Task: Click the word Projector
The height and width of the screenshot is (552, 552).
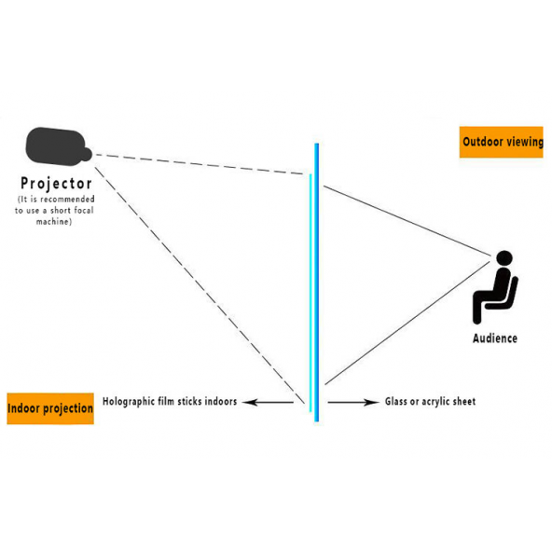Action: click(57, 184)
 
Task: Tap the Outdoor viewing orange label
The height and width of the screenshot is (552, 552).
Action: click(502, 142)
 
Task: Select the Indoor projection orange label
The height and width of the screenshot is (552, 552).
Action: click(50, 408)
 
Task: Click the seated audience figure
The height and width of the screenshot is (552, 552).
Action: click(495, 289)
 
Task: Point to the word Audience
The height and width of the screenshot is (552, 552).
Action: click(494, 338)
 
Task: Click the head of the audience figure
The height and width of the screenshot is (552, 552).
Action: click(504, 258)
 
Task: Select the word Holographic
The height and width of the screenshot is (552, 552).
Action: click(133, 402)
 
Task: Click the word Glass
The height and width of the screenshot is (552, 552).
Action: click(399, 402)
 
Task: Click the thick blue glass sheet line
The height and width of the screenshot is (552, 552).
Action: click(317, 280)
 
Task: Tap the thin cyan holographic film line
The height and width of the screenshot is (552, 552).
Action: click(310, 280)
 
